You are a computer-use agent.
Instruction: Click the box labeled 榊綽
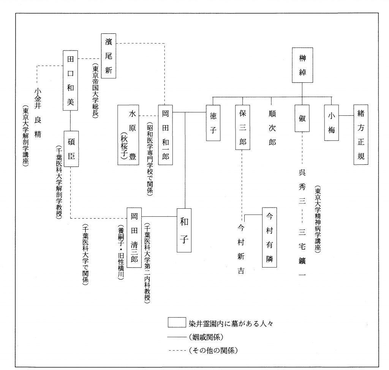point(302,65)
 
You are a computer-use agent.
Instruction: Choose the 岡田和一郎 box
point(165,134)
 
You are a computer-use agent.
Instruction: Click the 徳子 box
point(213,123)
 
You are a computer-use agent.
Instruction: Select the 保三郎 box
point(244,127)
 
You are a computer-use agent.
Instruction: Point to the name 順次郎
point(271,129)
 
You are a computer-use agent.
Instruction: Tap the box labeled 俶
point(302,118)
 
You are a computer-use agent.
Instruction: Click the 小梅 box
point(332,123)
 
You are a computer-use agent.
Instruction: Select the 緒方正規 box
point(361,134)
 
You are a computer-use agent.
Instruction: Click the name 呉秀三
point(302,186)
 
